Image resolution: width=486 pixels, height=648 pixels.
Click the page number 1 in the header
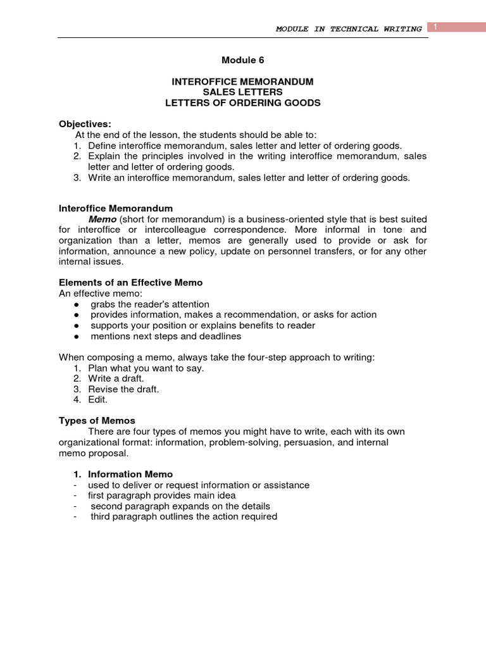436,26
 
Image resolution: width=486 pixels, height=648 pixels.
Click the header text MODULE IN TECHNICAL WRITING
349,29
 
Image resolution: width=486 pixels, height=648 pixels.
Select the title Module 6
243,61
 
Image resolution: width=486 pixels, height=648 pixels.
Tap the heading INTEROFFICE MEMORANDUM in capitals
243,82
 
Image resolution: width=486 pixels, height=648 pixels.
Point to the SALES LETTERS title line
243,92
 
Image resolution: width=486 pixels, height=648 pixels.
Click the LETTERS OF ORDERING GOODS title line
243,103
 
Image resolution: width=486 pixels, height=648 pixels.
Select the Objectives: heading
85,123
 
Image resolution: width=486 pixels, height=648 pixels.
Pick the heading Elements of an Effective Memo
130,282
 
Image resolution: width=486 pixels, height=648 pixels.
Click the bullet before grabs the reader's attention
76,304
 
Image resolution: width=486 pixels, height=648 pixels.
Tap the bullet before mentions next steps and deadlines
76,337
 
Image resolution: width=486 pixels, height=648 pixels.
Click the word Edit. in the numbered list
98,400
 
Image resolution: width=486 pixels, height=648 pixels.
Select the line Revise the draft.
123,389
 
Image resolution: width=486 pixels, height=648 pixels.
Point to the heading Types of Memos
97,421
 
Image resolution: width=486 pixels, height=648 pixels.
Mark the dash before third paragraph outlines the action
75,516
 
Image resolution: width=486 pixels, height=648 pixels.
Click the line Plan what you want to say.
146,368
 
